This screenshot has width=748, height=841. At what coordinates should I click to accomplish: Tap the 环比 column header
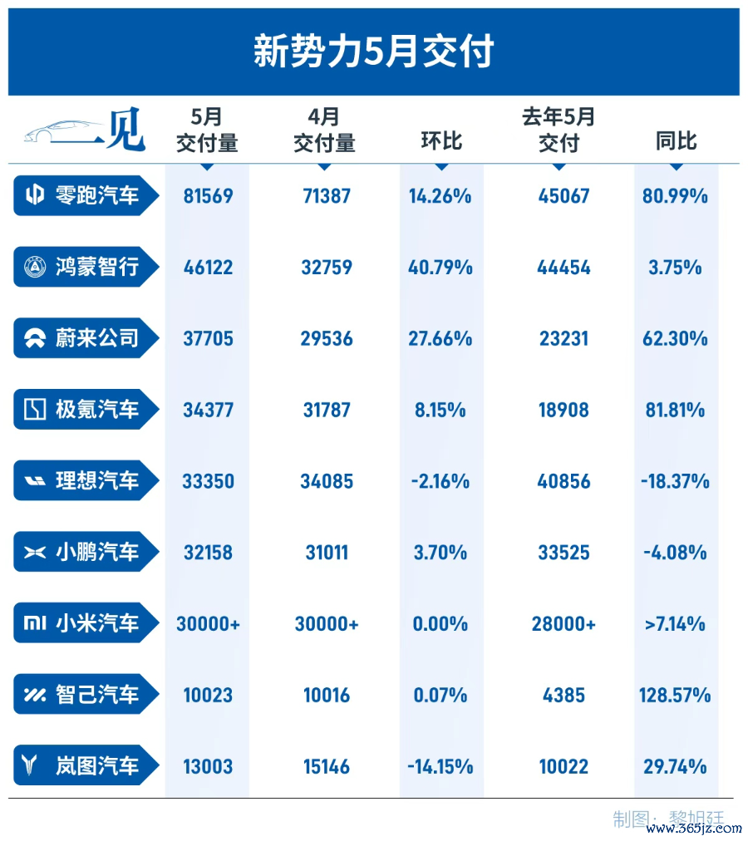[441, 141]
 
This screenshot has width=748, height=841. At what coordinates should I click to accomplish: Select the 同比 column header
[676, 141]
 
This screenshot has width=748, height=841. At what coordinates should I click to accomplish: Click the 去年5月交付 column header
[559, 130]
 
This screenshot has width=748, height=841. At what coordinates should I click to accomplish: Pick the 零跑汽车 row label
[97, 195]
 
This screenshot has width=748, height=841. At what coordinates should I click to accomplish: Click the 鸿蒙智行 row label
[97, 267]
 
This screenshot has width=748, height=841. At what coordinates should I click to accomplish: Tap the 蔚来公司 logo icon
[35, 338]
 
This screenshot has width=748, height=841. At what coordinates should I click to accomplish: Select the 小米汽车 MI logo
[35, 622]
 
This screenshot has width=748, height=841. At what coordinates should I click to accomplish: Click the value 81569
[209, 196]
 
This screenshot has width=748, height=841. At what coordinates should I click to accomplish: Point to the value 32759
[327, 267]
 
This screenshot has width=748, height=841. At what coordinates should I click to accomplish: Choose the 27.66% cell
[440, 338]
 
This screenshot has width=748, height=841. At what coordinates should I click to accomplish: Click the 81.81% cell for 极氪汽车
[675, 411]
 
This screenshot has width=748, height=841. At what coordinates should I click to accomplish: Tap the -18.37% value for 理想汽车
[675, 481]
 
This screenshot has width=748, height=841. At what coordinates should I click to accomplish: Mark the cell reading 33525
[563, 553]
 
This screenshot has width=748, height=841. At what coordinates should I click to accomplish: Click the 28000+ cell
[563, 624]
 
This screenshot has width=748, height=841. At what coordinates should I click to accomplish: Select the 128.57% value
[675, 695]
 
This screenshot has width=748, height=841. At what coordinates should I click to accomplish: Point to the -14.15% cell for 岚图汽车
[440, 766]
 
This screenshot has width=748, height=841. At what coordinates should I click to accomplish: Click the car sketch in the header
[63, 132]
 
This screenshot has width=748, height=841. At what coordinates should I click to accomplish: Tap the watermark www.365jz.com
[694, 829]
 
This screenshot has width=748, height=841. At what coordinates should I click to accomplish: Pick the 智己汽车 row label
[97, 694]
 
